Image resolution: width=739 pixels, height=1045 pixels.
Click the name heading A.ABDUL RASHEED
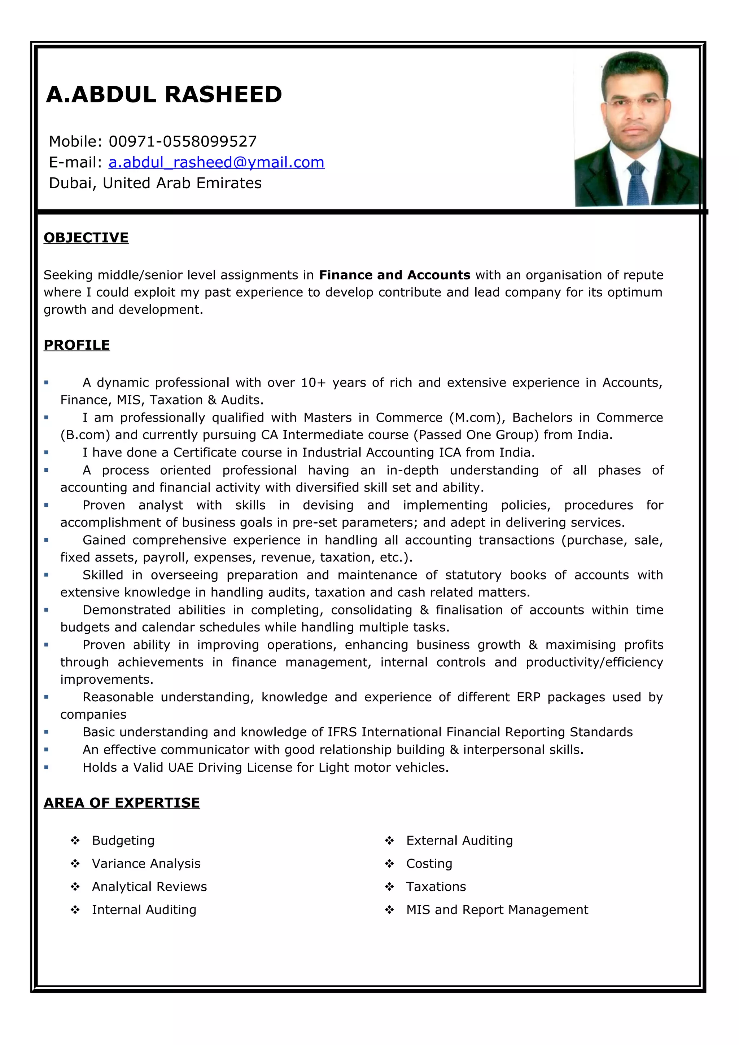pyautogui.click(x=164, y=95)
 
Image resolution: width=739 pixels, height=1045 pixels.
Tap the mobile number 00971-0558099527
pyautogui.click(x=183, y=142)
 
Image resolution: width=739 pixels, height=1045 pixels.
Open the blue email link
pyautogui.click(x=216, y=163)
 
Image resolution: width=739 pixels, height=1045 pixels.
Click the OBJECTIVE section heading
pyautogui.click(x=86, y=238)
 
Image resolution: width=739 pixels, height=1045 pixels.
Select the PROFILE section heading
pyautogui.click(x=76, y=345)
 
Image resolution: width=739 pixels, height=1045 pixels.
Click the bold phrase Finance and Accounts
pyautogui.click(x=394, y=275)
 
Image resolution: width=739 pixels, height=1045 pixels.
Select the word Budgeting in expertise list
pyautogui.click(x=123, y=840)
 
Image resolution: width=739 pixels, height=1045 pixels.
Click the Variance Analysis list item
pyautogui.click(x=146, y=863)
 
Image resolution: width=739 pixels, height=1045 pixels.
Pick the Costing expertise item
pyautogui.click(x=429, y=863)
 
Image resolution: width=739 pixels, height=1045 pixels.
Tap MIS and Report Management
pyautogui.click(x=497, y=909)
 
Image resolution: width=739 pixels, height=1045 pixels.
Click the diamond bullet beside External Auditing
pyautogui.click(x=389, y=840)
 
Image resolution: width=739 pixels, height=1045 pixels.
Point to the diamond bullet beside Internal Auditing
pyautogui.click(x=75, y=909)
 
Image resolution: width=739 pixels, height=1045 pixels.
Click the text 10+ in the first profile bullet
pyautogui.click(x=313, y=383)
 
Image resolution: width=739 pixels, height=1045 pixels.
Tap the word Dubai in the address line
pyautogui.click(x=73, y=183)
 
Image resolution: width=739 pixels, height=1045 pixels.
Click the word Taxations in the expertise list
pyautogui.click(x=436, y=887)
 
